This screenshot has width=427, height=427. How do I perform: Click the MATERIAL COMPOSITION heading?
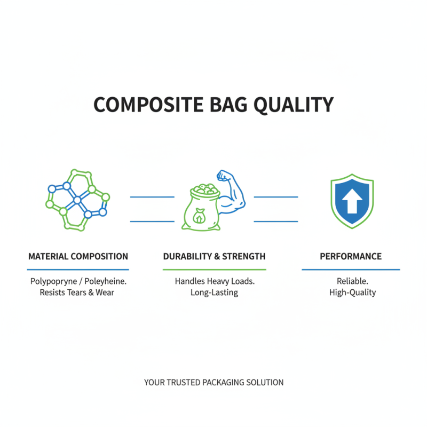click(x=78, y=257)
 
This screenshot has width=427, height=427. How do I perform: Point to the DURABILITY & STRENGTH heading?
click(x=214, y=257)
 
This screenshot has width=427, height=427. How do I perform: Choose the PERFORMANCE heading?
click(x=351, y=257)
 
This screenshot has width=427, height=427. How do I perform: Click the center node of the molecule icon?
click(x=77, y=200)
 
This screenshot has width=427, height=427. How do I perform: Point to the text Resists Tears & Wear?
click(x=77, y=292)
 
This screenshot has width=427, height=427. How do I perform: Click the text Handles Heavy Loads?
click(x=214, y=281)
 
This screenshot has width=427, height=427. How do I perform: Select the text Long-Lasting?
click(x=214, y=292)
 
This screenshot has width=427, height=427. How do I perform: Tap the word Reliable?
click(x=351, y=281)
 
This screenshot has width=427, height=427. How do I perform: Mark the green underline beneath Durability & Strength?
click(x=214, y=270)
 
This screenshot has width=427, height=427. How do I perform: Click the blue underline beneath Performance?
click(x=351, y=270)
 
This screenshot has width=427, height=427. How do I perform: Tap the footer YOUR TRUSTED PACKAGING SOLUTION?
click(x=213, y=382)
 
